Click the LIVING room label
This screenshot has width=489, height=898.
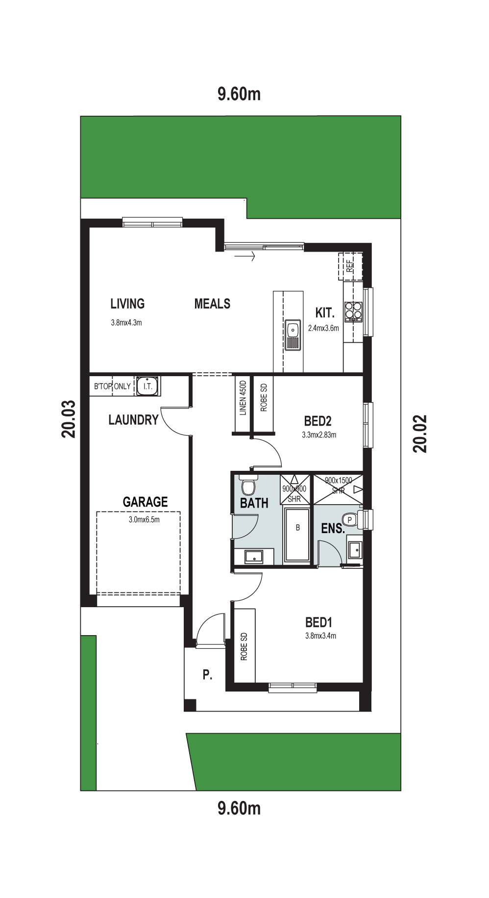tap(127, 304)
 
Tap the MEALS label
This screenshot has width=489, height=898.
tap(212, 304)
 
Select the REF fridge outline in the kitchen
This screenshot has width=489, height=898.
tap(350, 266)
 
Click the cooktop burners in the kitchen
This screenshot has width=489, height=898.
tap(353, 311)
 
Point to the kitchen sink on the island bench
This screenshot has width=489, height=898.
tap(293, 335)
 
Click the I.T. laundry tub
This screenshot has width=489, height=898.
tap(147, 386)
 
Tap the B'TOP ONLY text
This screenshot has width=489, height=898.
tap(112, 386)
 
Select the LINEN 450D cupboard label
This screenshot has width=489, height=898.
tap(243, 398)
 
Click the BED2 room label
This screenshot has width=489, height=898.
tap(318, 421)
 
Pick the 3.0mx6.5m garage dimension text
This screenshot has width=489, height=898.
tap(144, 520)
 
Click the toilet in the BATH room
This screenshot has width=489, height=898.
tap(248, 485)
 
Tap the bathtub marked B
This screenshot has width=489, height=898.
tap(297, 535)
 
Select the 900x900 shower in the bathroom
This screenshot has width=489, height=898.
tap(295, 489)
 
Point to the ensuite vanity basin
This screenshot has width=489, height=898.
tap(355, 550)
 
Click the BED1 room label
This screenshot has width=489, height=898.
tap(318, 623)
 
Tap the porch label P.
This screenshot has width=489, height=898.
tap(208, 675)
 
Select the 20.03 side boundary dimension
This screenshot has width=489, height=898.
tap(69, 419)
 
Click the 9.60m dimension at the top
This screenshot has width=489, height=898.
tap(239, 94)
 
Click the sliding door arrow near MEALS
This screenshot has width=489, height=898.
tap(245, 256)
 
